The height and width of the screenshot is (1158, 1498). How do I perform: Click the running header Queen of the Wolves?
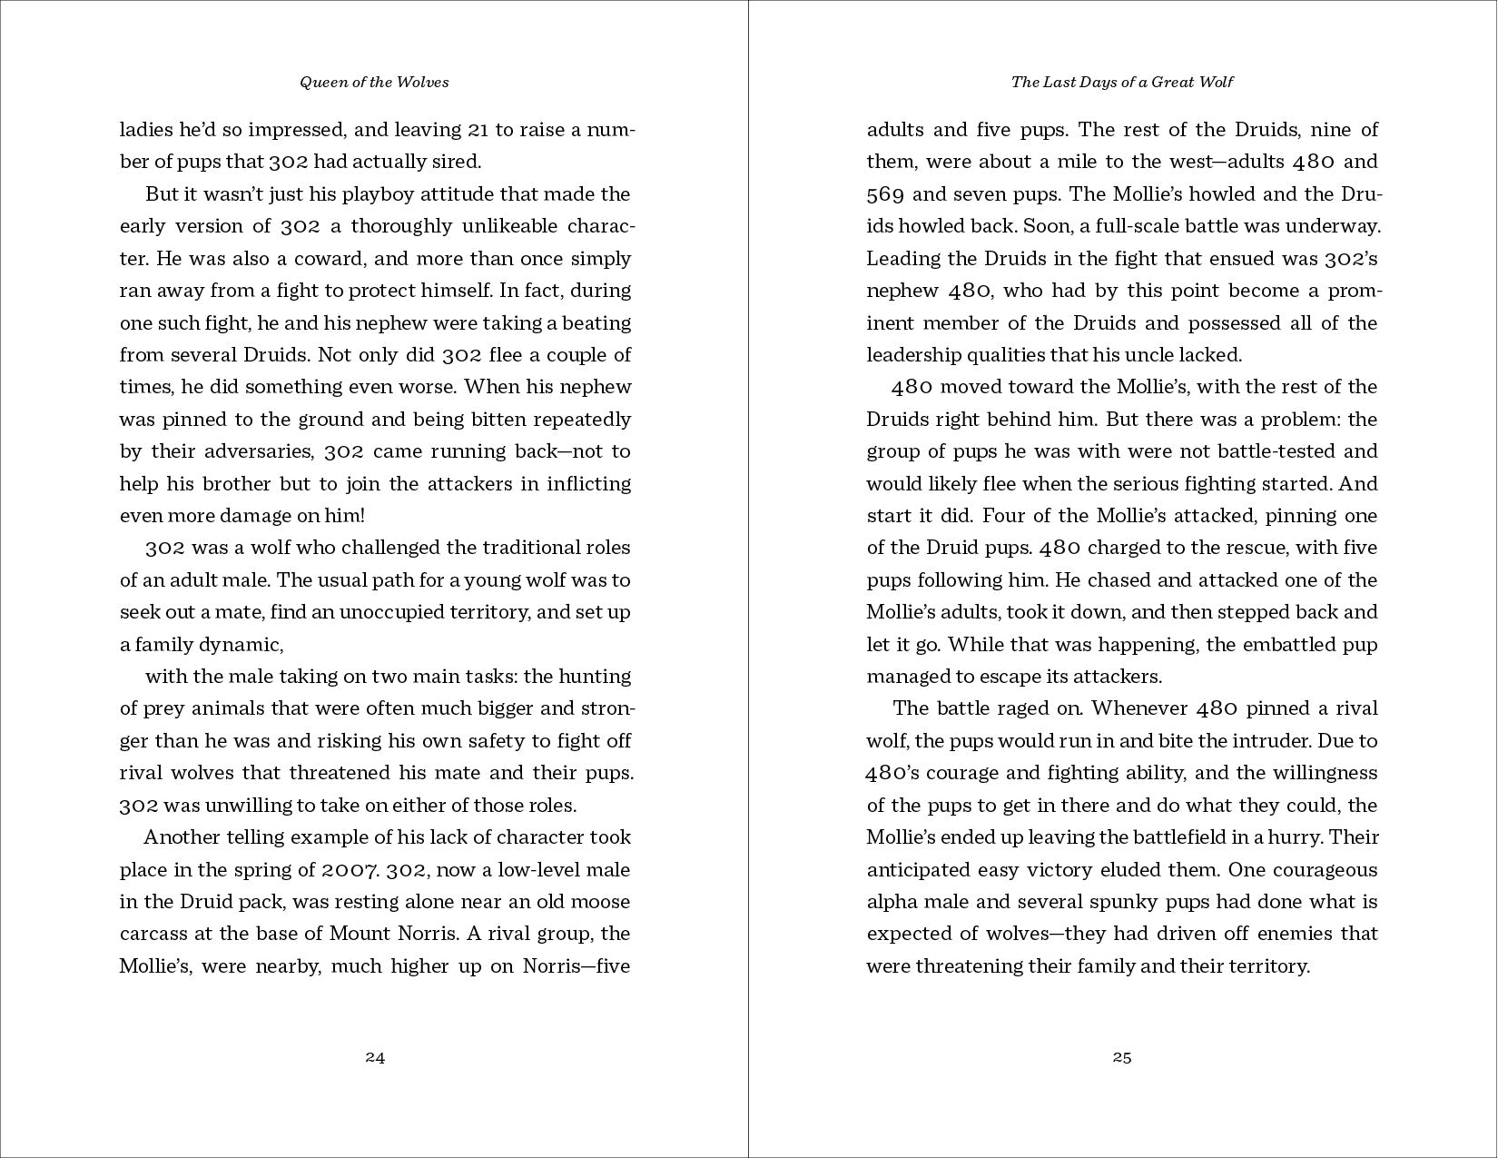tap(374, 82)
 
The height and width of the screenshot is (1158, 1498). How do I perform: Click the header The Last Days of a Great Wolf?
tap(1122, 82)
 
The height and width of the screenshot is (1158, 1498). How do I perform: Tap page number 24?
tap(375, 1057)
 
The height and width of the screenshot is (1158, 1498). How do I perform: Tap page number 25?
tap(1122, 1057)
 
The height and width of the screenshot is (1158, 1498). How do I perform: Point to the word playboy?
tap(348, 193)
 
